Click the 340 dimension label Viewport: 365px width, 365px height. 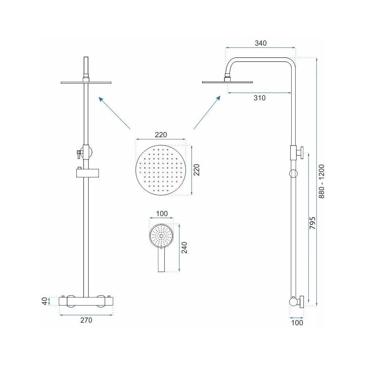coord(261,43)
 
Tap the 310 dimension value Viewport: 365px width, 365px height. coord(260,98)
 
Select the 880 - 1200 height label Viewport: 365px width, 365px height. coord(322,181)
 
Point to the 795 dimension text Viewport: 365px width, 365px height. coord(313,223)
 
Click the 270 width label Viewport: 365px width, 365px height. coord(86,320)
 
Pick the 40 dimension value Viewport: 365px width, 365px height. coord(45,301)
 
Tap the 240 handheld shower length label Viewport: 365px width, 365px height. coord(184,248)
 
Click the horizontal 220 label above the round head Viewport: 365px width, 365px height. coord(161,135)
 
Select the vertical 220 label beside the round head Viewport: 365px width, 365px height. coord(197,170)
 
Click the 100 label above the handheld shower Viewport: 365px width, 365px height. coord(162,214)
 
